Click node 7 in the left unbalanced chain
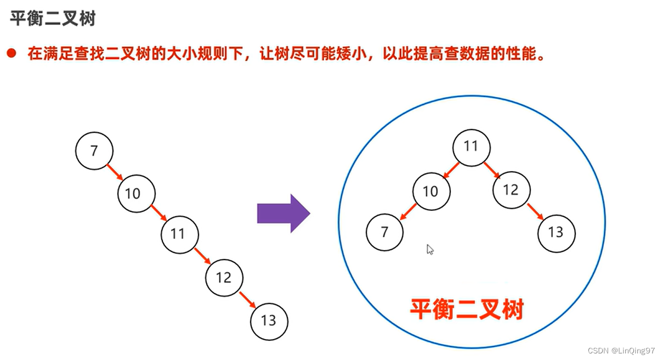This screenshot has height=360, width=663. click(x=94, y=150)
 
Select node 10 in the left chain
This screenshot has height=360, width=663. click(x=137, y=193)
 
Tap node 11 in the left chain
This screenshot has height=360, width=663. click(x=179, y=234)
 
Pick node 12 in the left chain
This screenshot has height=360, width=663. click(x=224, y=278)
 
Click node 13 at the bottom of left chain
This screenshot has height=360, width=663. click(x=269, y=320)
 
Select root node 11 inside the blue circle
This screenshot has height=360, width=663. click(x=471, y=147)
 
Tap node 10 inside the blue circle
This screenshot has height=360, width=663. click(x=431, y=191)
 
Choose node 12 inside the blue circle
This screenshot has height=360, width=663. click(x=511, y=190)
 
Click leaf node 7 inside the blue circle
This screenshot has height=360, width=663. click(x=384, y=232)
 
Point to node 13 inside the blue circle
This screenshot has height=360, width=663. click(x=557, y=232)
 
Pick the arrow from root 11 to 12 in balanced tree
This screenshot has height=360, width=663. click(x=491, y=169)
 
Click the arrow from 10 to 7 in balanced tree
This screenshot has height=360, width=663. click(x=409, y=212)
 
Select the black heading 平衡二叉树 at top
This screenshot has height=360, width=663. click(x=53, y=18)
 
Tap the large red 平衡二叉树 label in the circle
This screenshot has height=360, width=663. click(x=467, y=310)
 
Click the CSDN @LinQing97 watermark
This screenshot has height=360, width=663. click(x=621, y=350)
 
